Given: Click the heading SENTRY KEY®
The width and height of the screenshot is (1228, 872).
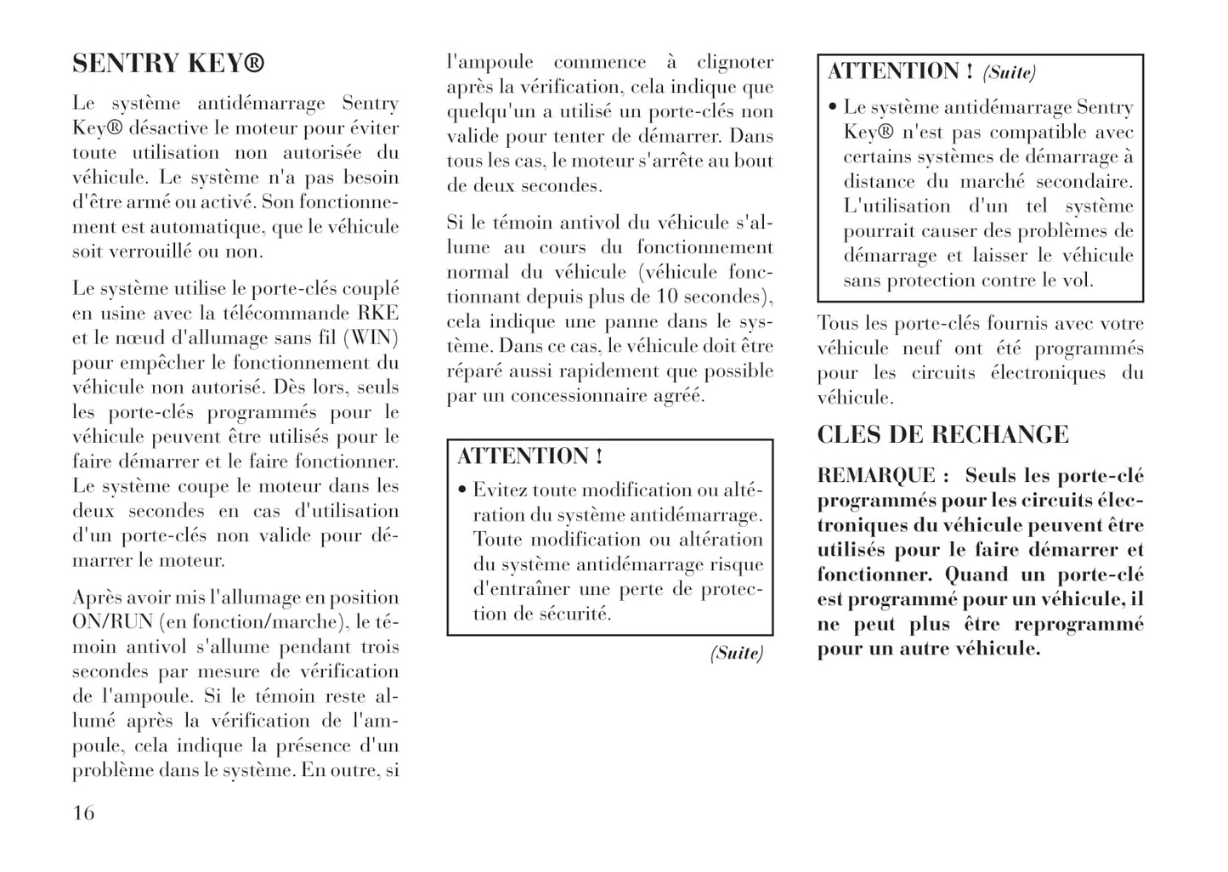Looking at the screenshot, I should (x=168, y=64).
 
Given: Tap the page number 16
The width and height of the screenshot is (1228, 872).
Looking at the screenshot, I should (x=83, y=813).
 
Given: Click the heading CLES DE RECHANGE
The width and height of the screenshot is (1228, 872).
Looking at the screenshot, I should (x=942, y=435).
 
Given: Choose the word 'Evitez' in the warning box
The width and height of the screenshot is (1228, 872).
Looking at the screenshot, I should (x=500, y=490).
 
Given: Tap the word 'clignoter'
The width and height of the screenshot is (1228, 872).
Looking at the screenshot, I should (x=735, y=62).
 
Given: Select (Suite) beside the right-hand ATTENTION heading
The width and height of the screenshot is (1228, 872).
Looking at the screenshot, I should (x=1010, y=73).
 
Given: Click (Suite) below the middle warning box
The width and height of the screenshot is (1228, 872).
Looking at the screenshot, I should (x=737, y=653).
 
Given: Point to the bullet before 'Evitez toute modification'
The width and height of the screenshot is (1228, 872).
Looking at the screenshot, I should (x=461, y=491).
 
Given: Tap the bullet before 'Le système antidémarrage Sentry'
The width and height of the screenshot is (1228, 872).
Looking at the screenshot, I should (x=833, y=109).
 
